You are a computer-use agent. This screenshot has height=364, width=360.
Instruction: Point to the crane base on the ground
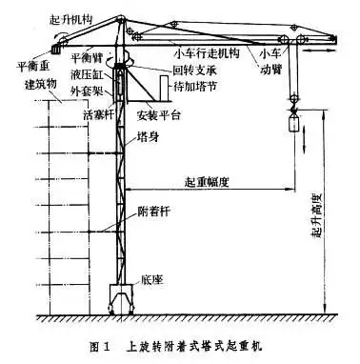(x=121, y=295)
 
